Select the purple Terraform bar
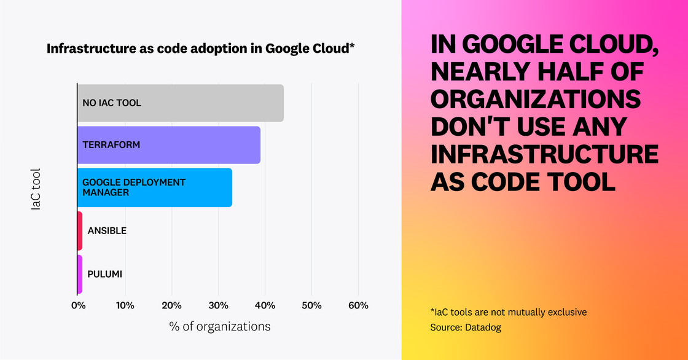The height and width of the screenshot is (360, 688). [x=169, y=145]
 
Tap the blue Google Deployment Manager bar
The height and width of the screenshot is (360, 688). [x=155, y=187]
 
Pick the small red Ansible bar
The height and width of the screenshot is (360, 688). [x=80, y=230]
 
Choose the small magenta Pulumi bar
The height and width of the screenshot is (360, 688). [x=80, y=274]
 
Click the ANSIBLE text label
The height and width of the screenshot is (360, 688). [x=107, y=230]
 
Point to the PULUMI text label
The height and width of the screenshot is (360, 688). [x=104, y=274]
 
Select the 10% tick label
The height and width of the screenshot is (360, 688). [x=125, y=306]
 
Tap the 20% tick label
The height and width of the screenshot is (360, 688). [x=171, y=306]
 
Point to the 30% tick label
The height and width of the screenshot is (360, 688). [x=218, y=306]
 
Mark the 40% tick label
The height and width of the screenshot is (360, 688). [x=265, y=306]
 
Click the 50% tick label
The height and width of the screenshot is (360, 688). [x=311, y=306]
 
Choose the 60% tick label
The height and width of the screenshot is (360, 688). [x=358, y=306]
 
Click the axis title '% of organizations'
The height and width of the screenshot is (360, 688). [x=219, y=326]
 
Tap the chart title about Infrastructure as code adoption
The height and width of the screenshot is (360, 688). [x=201, y=49]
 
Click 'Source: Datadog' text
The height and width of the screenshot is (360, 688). [x=466, y=327]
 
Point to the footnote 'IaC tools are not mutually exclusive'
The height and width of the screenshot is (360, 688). [x=509, y=312]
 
